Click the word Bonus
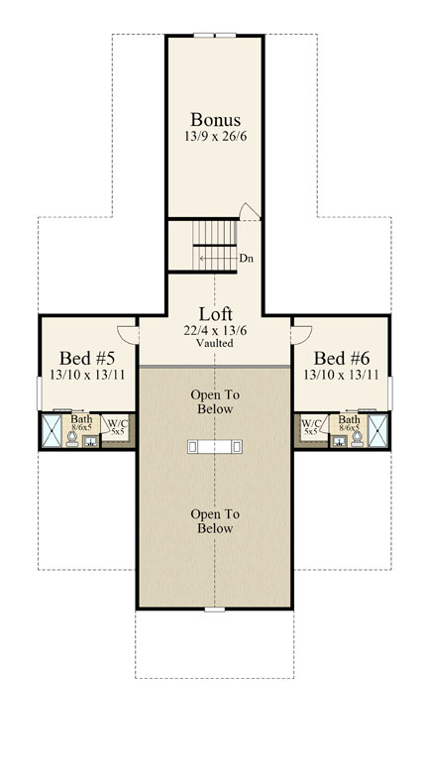pos(215,119)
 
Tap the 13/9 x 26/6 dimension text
pos(215,137)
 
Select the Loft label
pos(215,314)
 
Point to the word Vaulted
pos(215,343)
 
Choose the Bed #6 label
pos(342,358)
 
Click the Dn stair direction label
pos(245,259)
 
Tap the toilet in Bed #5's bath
pos(72,438)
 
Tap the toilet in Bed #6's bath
pos(357,438)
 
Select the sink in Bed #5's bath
pos(90,441)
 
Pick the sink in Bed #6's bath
pos(340,441)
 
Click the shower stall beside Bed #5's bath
pos(52,431)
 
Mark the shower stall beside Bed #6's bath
pos(377,431)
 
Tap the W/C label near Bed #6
pos(310,423)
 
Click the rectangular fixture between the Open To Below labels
pos(215,446)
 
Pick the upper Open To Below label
pos(215,402)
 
